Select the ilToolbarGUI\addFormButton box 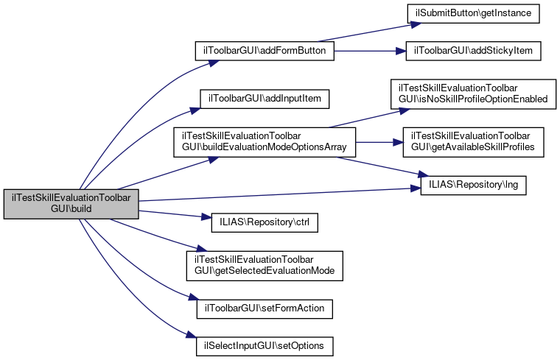coord(265,51)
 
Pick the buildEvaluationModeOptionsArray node coord(265,142)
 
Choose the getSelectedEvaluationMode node coord(265,265)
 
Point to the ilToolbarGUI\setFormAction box coord(265,307)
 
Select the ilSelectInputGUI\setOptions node coord(265,345)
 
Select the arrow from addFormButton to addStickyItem coord(368,51)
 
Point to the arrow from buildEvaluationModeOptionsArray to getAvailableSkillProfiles coord(376,142)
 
